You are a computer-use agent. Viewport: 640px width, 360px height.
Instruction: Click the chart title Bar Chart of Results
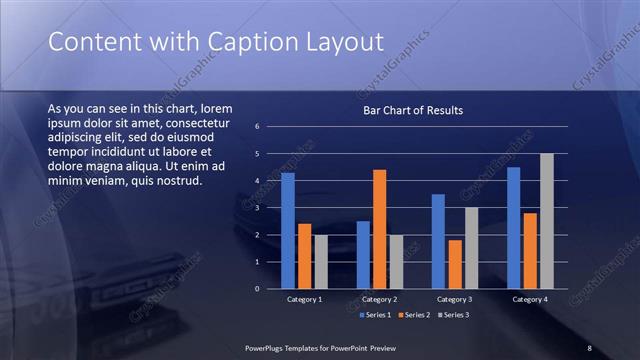point(412,110)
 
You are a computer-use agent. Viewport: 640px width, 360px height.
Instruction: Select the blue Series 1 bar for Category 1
point(288,231)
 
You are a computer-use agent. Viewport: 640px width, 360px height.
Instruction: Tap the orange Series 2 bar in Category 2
point(379,229)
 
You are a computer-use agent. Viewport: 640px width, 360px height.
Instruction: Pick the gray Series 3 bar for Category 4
point(546,221)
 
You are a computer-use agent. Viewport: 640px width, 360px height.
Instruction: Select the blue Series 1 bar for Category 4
point(513,228)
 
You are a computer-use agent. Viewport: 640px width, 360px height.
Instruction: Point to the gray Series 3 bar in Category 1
point(320,262)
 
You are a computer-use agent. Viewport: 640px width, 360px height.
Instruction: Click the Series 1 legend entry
point(374,315)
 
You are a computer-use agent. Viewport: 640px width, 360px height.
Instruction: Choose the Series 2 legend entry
point(413,315)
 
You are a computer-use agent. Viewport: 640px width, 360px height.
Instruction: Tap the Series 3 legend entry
point(452,315)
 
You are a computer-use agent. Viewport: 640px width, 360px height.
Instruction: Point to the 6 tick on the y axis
point(257,127)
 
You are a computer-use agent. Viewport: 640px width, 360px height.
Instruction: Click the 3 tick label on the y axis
point(257,208)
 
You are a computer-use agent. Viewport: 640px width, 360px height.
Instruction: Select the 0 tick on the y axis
point(257,289)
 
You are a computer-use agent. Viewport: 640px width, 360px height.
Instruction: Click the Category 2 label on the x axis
point(378,299)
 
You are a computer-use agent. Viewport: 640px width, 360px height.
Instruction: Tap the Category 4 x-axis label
point(529,299)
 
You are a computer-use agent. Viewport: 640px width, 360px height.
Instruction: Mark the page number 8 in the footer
point(589,347)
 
